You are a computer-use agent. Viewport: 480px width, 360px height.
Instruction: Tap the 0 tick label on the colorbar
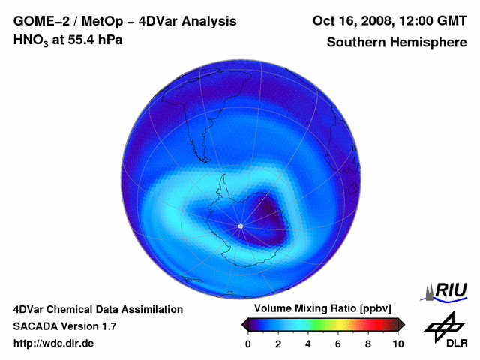pyautogui.click(x=248, y=343)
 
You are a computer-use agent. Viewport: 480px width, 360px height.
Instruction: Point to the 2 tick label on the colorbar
pyautogui.click(x=278, y=343)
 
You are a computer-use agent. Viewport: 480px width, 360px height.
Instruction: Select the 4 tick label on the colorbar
pyautogui.click(x=308, y=343)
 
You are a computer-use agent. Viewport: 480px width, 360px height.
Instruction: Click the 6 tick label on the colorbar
pyautogui.click(x=338, y=343)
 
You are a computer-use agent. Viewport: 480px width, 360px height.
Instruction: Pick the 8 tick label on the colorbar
pyautogui.click(x=368, y=343)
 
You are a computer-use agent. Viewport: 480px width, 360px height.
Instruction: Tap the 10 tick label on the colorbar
pyautogui.click(x=397, y=343)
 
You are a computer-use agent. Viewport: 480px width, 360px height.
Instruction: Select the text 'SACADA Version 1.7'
pyautogui.click(x=64, y=326)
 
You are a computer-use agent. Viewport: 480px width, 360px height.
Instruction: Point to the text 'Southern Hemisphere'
pyautogui.click(x=397, y=43)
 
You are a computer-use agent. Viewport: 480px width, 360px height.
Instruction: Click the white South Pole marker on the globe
pyautogui.click(x=240, y=226)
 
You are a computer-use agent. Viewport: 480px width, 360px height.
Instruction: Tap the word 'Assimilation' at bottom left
pyautogui.click(x=151, y=309)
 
